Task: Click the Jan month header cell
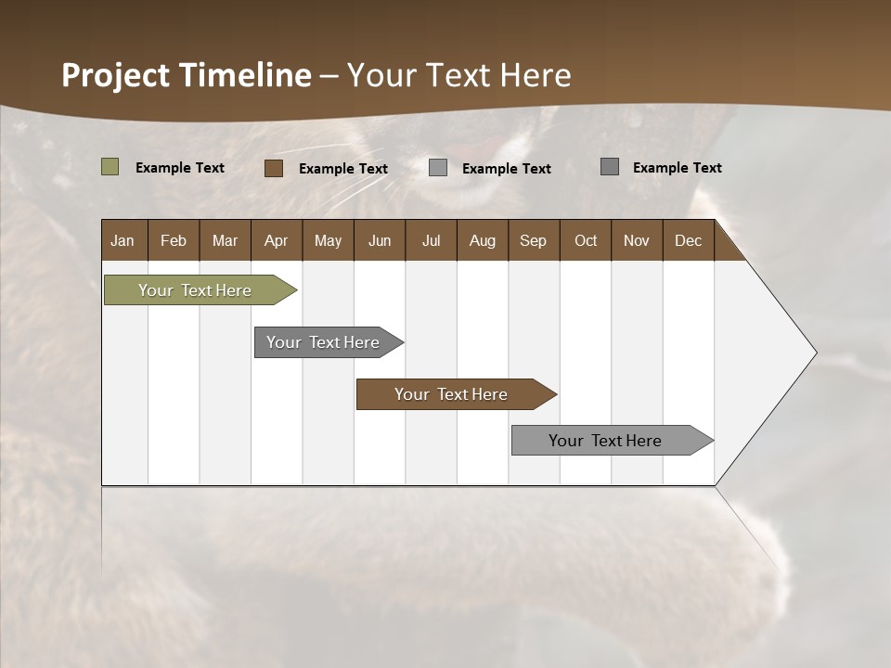pyautogui.click(x=123, y=240)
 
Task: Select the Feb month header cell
pyautogui.click(x=174, y=240)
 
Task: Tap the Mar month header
pyautogui.click(x=225, y=240)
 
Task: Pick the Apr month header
pyautogui.click(x=277, y=240)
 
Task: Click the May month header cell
pyautogui.click(x=328, y=240)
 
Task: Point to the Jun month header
pyautogui.click(x=380, y=240)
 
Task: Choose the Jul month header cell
pyautogui.click(x=431, y=240)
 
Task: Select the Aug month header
pyautogui.click(x=483, y=240)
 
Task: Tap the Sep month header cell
pyautogui.click(x=534, y=240)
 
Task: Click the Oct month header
pyautogui.click(x=586, y=240)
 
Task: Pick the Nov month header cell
pyautogui.click(x=637, y=240)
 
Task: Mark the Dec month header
pyautogui.click(x=689, y=240)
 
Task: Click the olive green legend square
pyautogui.click(x=110, y=167)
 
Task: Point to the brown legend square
pyautogui.click(x=274, y=168)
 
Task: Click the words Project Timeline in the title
pyautogui.click(x=187, y=75)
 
